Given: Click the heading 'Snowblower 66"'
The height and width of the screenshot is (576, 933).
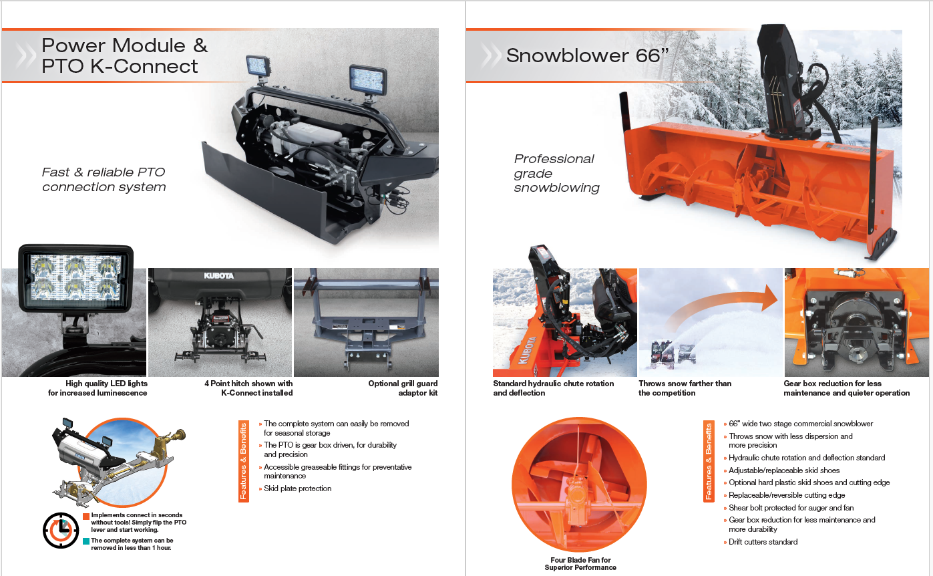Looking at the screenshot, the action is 587,55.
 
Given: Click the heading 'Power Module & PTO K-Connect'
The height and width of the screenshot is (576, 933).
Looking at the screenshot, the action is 124,56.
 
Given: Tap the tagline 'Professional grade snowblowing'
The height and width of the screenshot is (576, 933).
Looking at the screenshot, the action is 556,173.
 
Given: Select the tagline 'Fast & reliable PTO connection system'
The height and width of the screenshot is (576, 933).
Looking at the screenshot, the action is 104,179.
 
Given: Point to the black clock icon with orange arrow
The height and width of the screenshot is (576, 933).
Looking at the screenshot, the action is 61,530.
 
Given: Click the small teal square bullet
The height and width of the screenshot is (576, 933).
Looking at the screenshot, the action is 86,541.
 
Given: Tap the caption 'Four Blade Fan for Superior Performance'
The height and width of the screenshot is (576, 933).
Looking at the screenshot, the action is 580,563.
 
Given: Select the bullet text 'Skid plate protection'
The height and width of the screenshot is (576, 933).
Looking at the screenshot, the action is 297,488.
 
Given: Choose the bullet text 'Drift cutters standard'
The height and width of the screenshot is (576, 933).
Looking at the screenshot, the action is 763,542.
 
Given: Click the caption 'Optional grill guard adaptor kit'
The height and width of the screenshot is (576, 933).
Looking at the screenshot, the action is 403,388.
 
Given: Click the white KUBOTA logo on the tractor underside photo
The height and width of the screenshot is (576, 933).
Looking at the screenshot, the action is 218,275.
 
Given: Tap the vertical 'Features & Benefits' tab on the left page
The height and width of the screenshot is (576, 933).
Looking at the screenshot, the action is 243,461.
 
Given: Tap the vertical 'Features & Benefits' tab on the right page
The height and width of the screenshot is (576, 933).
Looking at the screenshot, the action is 709,461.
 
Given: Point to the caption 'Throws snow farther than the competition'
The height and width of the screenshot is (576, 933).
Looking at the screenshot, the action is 685,388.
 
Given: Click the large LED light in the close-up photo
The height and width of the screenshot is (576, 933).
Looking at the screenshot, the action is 76,279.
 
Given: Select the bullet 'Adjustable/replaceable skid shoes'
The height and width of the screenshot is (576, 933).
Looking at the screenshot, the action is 784,470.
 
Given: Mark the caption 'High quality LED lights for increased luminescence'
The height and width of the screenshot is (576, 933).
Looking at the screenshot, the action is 98,388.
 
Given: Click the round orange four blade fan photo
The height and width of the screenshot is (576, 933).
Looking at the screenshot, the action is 579,484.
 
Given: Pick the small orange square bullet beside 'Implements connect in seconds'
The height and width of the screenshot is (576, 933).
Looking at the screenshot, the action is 86,517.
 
